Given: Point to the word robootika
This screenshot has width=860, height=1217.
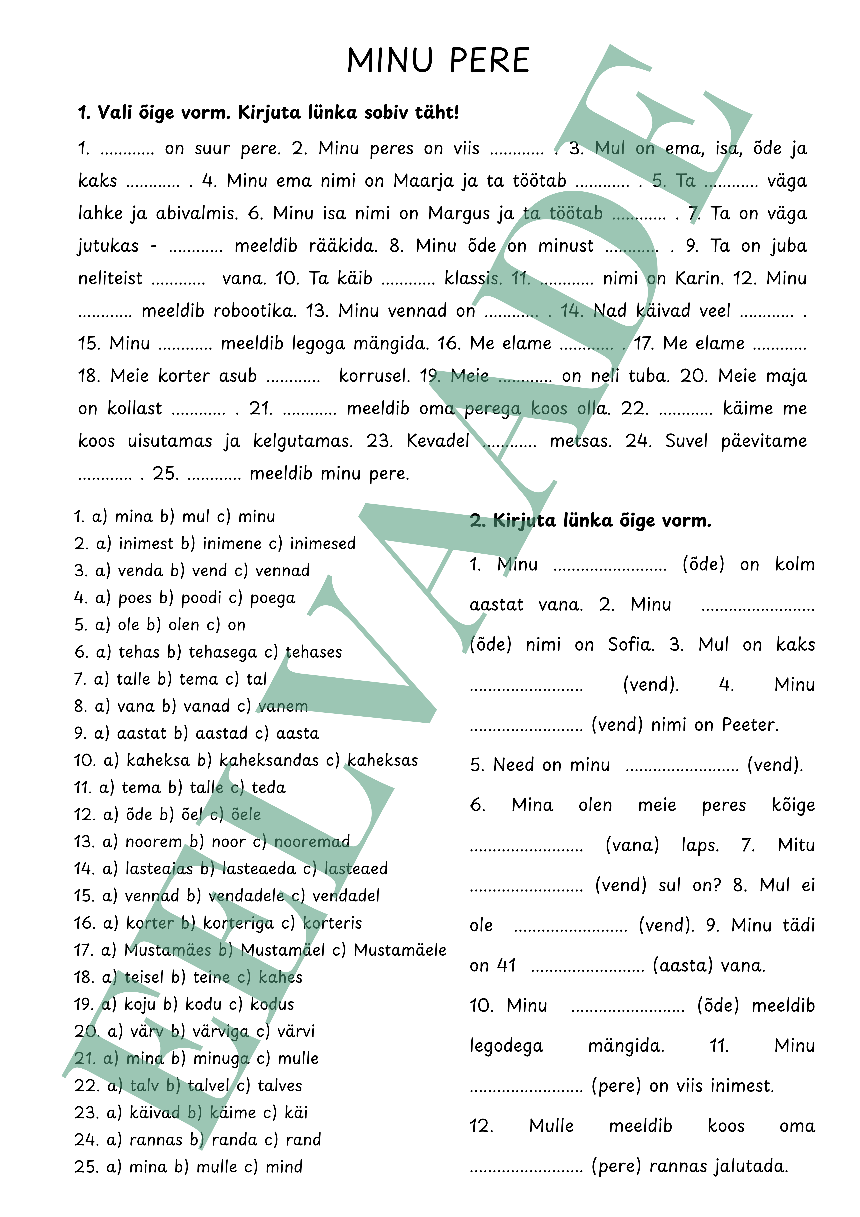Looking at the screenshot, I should [x=254, y=311].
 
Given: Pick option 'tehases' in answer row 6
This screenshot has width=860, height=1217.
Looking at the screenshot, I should [x=314, y=652].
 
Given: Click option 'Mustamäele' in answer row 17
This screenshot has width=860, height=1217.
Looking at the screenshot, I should [x=400, y=950].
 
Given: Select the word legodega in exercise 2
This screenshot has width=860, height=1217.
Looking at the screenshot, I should [x=507, y=1046].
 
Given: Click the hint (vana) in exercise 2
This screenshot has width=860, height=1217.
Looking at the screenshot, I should [x=632, y=845].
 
